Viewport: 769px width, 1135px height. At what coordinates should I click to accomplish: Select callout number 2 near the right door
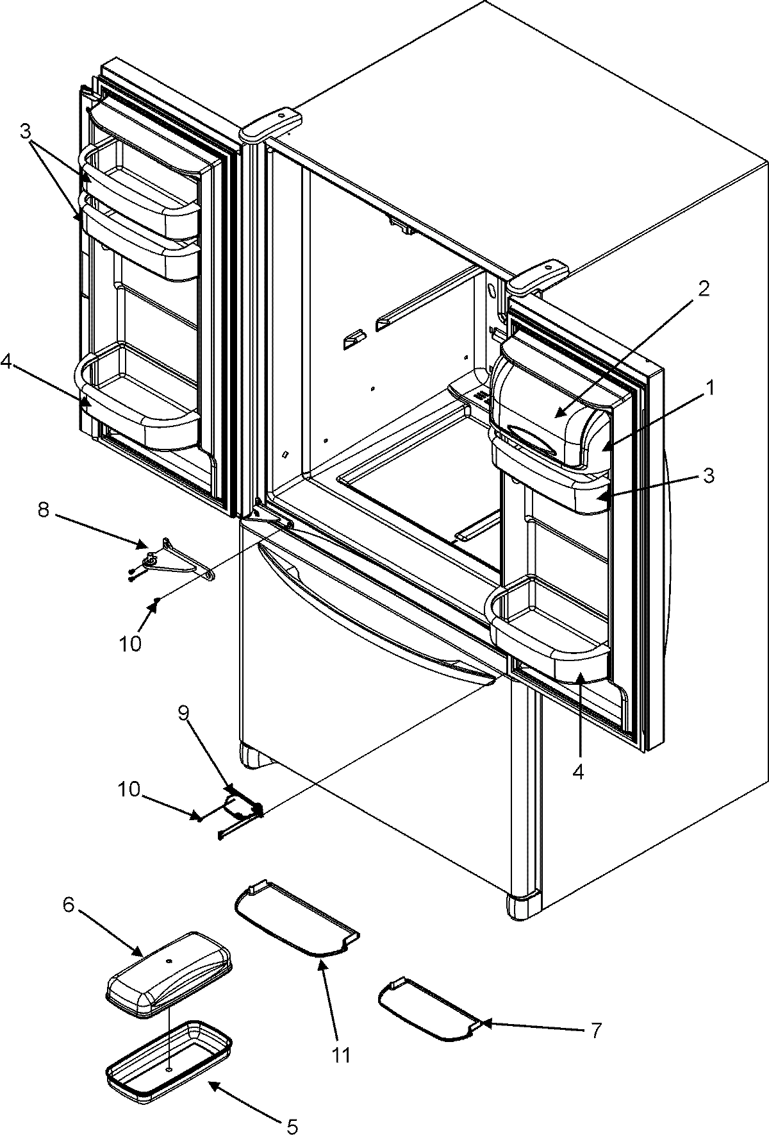[704, 288]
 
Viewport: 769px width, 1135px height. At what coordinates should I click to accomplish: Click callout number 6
[68, 905]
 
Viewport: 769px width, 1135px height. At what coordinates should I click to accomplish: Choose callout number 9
[184, 714]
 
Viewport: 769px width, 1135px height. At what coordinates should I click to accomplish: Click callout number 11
[342, 1053]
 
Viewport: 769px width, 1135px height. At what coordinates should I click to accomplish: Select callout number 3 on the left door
[24, 131]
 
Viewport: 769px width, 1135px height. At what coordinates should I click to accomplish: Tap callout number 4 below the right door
[578, 773]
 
